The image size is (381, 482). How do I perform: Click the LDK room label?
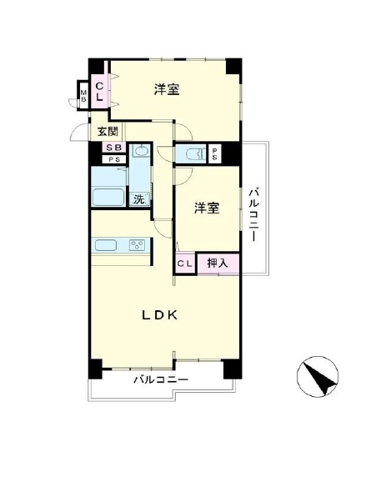pyautogui.click(x=160, y=315)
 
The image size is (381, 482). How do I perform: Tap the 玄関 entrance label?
pyautogui.click(x=108, y=132)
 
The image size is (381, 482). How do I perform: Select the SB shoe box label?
pyautogui.click(x=113, y=148)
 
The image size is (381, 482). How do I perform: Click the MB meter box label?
pyautogui.click(x=83, y=96)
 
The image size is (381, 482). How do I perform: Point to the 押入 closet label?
pyautogui.click(x=218, y=263)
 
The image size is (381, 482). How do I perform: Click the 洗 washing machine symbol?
pyautogui.click(x=139, y=199)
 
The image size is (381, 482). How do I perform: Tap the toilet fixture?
pyautogui.click(x=195, y=153)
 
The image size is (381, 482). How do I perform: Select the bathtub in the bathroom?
pyautogui.click(x=108, y=197)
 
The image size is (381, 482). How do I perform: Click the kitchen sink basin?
pyautogui.click(x=106, y=245)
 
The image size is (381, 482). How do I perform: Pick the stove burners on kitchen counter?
pyautogui.click(x=138, y=245)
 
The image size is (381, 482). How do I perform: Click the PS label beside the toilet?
pyautogui.click(x=214, y=154)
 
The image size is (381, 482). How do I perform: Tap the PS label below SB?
pyautogui.click(x=113, y=159)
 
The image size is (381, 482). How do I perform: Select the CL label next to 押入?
pyautogui.click(x=185, y=264)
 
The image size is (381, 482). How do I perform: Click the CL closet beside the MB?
pyautogui.click(x=99, y=92)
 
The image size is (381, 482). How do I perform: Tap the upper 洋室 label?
pyautogui.click(x=167, y=89)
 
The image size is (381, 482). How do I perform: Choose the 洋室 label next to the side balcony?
pyautogui.click(x=207, y=208)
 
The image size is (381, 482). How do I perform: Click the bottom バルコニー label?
pyautogui.click(x=161, y=380)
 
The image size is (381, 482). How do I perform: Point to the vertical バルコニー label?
pyautogui.click(x=253, y=215)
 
